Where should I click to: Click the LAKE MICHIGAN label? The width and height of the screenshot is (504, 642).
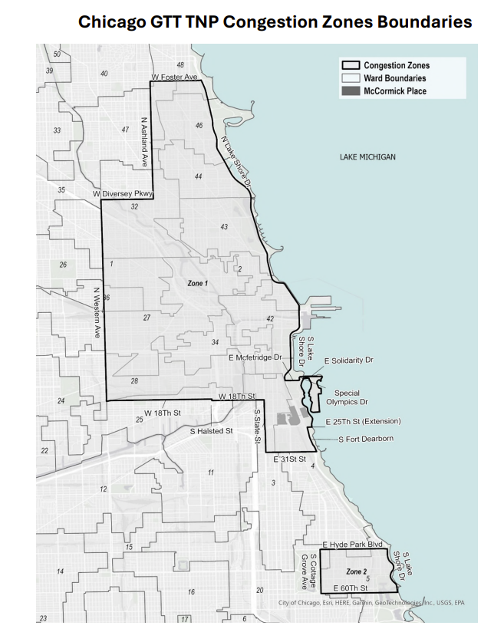pos(367,157)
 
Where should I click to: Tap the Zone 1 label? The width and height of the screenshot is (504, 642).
pos(197,284)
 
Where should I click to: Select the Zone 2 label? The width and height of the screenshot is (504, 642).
pos(356,572)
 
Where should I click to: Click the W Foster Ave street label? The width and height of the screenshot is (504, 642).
pos(175,77)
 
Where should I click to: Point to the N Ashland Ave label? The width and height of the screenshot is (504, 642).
pos(143,142)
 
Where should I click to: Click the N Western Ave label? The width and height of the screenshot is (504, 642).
pos(97,312)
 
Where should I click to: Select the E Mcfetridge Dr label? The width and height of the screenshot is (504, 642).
pos(256,357)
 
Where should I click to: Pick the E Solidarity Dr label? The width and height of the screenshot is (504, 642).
pos(349,360)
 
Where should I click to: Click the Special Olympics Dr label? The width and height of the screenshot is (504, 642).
pos(347,397)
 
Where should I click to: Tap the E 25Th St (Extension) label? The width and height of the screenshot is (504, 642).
pos(363,422)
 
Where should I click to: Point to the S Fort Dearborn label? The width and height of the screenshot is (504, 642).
pos(366,439)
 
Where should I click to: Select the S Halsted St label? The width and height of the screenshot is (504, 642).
pos(211,431)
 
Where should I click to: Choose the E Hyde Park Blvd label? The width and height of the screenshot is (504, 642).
pos(352,544)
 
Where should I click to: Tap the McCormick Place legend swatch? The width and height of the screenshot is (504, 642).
pos(351,91)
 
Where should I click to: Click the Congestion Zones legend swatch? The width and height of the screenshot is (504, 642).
pos(351,66)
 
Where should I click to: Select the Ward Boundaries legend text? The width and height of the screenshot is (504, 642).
pos(394,78)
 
